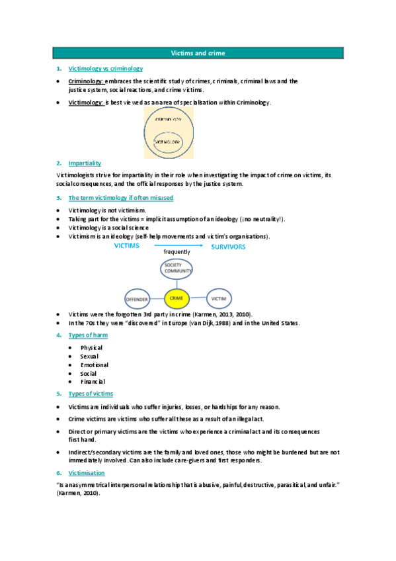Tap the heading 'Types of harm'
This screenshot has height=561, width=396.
coord(88,335)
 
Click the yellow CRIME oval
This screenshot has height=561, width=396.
coord(176,299)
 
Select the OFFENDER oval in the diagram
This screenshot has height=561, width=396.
coord(138,300)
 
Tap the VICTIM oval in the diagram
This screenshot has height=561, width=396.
coord(219,299)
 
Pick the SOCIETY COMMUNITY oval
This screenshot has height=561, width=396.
coord(177,269)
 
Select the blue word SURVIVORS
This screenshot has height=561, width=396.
coord(228,247)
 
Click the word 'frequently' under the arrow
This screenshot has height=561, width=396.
coord(177,252)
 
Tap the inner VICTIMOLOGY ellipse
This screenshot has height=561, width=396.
coord(168,141)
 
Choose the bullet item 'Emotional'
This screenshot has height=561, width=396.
coord(95,365)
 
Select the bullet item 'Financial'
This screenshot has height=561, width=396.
coord(93,382)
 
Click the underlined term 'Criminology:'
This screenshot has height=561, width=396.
coord(86,81)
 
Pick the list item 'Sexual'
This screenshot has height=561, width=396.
coord(89,356)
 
